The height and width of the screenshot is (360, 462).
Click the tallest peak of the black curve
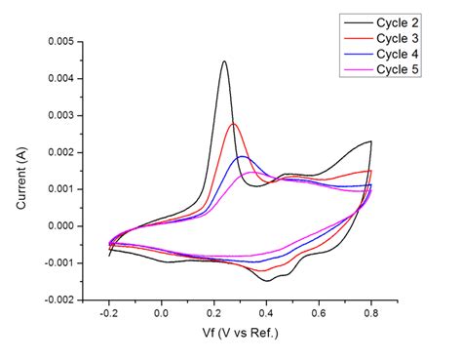click(225, 61)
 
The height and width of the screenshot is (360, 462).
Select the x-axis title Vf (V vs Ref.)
click(239, 337)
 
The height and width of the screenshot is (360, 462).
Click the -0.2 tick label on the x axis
click(108, 315)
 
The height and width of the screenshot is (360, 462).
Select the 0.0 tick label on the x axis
click(162, 315)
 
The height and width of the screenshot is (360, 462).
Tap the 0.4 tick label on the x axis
click(266, 315)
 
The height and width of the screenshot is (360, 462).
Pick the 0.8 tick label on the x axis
click(371, 315)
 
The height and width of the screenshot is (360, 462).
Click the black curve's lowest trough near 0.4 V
click(266, 281)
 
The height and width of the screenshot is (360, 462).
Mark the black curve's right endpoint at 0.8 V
click(371, 141)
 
